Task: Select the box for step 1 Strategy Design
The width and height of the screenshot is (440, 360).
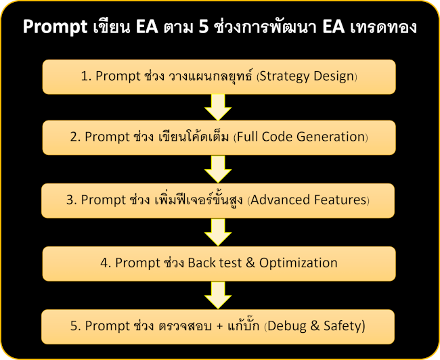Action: (219, 76)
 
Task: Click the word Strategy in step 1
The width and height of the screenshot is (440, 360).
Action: (284, 76)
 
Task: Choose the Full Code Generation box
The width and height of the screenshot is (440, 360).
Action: (219, 137)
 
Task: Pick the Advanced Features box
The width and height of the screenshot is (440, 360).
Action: (219, 200)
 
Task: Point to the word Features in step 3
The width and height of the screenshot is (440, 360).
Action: (338, 200)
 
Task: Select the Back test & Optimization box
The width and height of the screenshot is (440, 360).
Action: (219, 263)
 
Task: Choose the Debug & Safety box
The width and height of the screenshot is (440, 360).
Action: (219, 326)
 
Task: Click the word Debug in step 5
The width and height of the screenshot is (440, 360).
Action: (286, 326)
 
